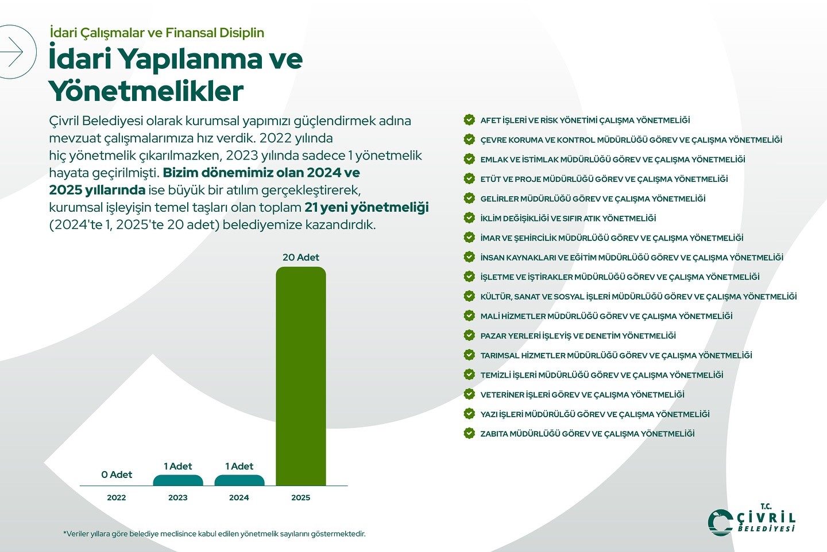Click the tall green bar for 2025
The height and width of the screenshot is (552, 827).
coord(300,376)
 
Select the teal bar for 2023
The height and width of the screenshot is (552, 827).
coord(178,481)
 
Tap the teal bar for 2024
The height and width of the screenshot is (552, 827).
coord(239,481)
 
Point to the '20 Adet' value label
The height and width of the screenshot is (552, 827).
coord(300,258)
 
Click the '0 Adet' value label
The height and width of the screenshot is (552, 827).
coord(117,475)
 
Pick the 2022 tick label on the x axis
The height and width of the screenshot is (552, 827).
coord(117,497)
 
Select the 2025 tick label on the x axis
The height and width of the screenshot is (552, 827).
coord(300,497)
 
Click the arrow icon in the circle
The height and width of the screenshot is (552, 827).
coord(13,52)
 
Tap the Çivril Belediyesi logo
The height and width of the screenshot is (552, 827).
coord(752,520)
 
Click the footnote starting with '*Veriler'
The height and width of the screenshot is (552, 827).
coord(214,534)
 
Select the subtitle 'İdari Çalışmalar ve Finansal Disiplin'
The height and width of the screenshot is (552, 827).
coord(157,33)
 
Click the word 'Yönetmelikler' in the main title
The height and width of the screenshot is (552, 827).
coord(146,91)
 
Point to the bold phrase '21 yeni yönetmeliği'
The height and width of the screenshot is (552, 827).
coord(366,207)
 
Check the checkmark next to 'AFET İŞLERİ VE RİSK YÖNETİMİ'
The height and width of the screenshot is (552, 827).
coord(469,120)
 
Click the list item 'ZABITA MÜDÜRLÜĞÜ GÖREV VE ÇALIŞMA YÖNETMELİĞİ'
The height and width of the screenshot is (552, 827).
coord(587,434)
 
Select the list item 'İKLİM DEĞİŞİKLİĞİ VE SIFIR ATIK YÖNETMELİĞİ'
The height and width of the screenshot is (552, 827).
coord(568,218)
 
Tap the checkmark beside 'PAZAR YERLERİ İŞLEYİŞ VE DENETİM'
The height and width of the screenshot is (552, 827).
coord(469,335)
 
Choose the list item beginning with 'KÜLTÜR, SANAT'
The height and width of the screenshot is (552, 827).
coord(638,297)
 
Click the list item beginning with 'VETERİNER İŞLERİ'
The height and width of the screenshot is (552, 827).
coord(582,395)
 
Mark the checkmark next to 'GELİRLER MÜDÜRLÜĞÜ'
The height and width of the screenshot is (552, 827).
coord(469,198)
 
